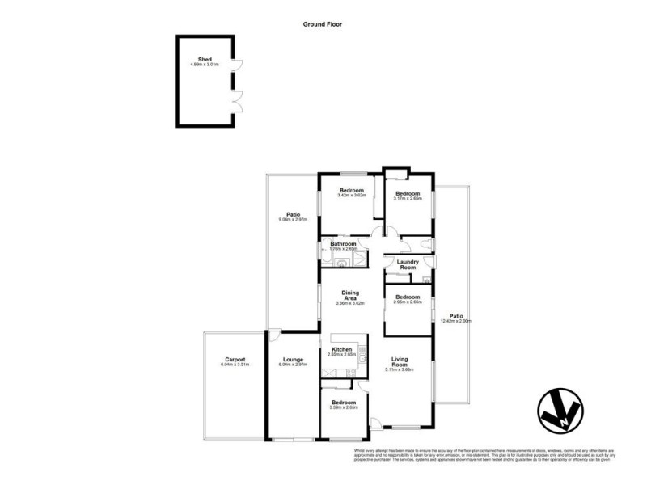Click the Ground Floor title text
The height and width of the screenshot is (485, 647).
[x=323, y=24]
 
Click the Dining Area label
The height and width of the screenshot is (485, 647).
[x=350, y=297]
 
